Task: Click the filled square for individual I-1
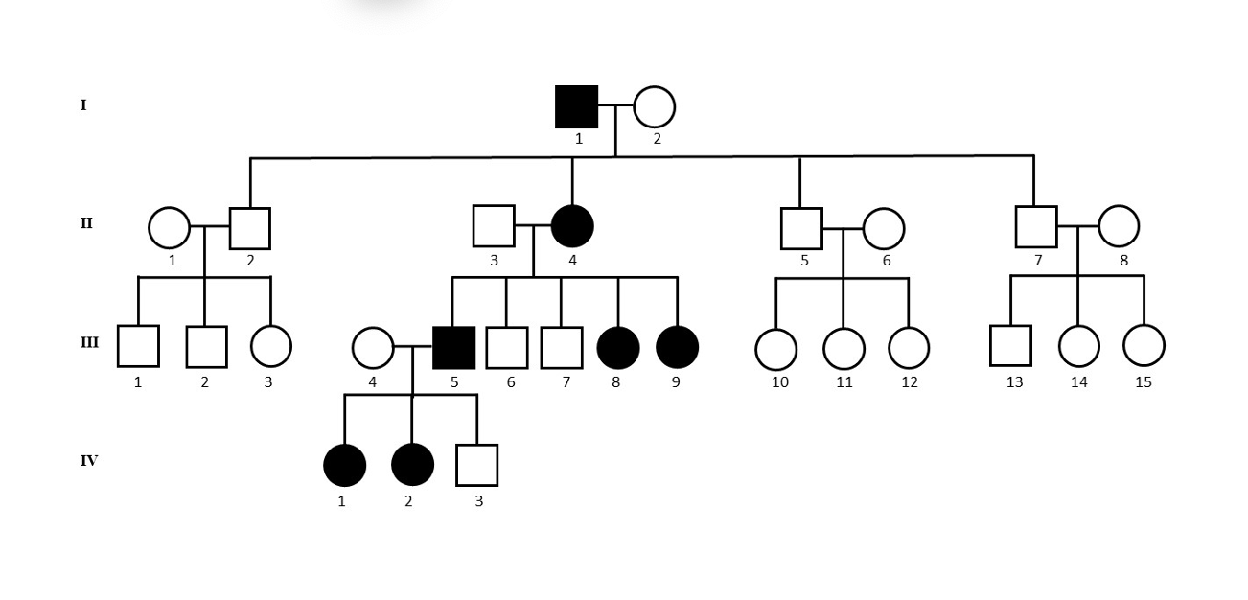coord(577,106)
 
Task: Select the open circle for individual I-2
coord(655,106)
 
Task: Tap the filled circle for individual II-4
coord(572,226)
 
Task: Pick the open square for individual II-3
coord(494,226)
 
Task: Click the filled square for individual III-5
coord(453,347)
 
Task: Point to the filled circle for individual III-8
coord(618,347)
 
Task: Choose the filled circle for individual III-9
coord(678,347)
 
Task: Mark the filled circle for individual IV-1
coord(345,465)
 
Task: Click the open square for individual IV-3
coord(476,465)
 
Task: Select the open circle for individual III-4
coord(373,348)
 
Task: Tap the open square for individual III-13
coord(1010,346)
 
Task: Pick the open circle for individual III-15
coord(1144,346)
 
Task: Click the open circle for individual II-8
coord(1119,226)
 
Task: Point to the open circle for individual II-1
coord(170,228)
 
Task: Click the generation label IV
coord(88,461)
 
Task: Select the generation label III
coord(89,342)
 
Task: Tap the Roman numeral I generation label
coord(83,105)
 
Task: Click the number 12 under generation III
coord(910,382)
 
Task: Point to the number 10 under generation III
coord(780,382)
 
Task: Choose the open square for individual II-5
coord(801,228)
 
